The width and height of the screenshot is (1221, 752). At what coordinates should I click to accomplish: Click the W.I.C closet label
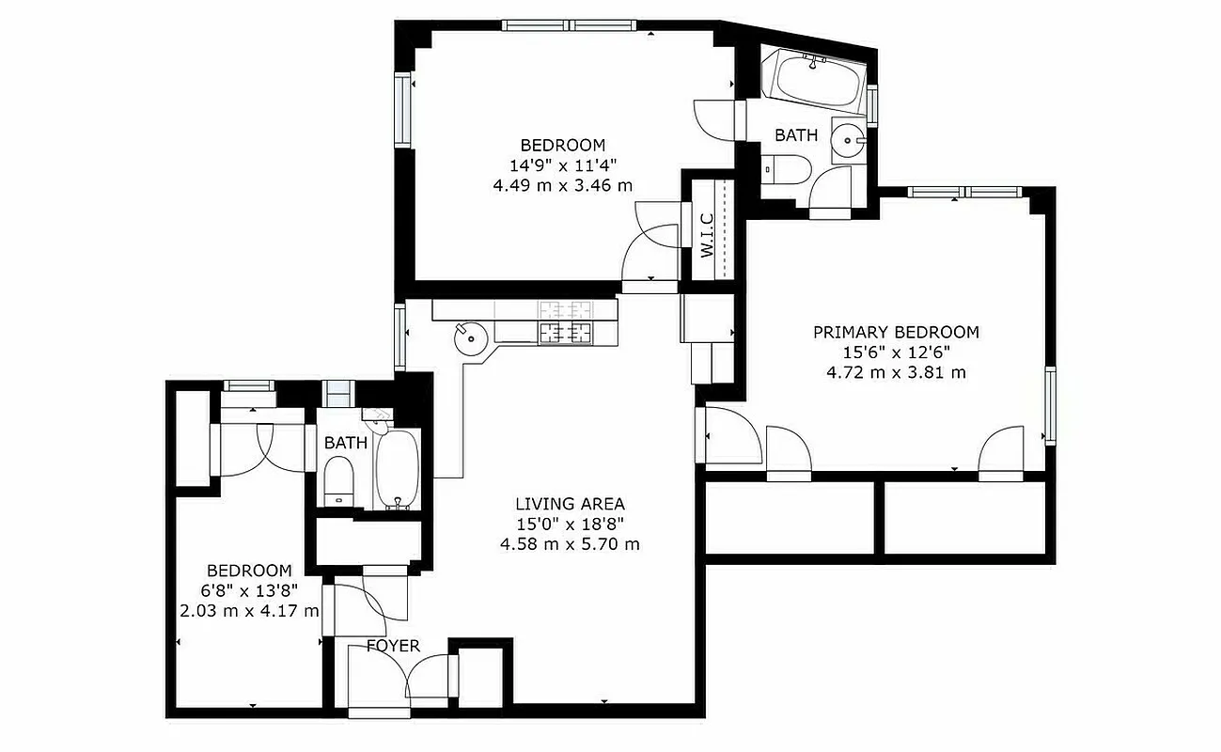[x=707, y=236]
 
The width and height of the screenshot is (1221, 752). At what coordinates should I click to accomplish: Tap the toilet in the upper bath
[x=788, y=170]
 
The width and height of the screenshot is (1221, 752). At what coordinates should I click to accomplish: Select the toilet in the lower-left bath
[x=337, y=479]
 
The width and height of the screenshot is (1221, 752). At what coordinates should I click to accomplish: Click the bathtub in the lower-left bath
[x=398, y=470]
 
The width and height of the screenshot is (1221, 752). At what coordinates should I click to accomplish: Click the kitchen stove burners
[x=566, y=321]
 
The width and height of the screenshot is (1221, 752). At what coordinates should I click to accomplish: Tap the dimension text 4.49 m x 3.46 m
[x=562, y=185]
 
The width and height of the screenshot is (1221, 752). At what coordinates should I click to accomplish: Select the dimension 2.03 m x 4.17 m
[x=249, y=610]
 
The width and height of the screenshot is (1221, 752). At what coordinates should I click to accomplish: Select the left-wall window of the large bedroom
[x=403, y=110]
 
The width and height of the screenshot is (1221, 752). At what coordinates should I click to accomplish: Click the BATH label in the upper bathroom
[x=795, y=135]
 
